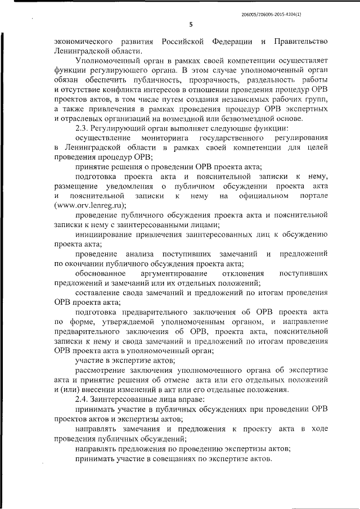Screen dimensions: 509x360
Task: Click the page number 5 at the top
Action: click(191, 24)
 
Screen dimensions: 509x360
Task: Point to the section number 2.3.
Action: click(84, 128)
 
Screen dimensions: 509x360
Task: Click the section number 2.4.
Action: click(84, 401)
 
